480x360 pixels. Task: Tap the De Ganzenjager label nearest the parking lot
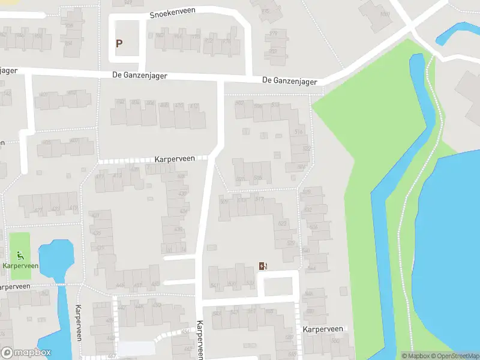(139, 76)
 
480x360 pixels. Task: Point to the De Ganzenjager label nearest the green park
(290, 80)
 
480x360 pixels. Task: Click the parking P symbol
(119, 43)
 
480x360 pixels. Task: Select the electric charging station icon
(263, 266)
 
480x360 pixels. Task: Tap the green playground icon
(20, 255)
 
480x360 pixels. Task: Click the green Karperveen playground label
(20, 265)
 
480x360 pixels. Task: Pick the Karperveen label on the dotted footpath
(175, 159)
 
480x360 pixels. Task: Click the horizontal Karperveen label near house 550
(323, 329)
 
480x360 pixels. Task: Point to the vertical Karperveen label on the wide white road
(200, 339)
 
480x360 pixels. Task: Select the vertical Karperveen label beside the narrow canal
(78, 323)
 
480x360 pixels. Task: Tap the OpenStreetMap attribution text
(455, 356)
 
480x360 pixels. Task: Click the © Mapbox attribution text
(415, 356)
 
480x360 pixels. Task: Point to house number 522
(307, 148)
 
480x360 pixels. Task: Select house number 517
(259, 199)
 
